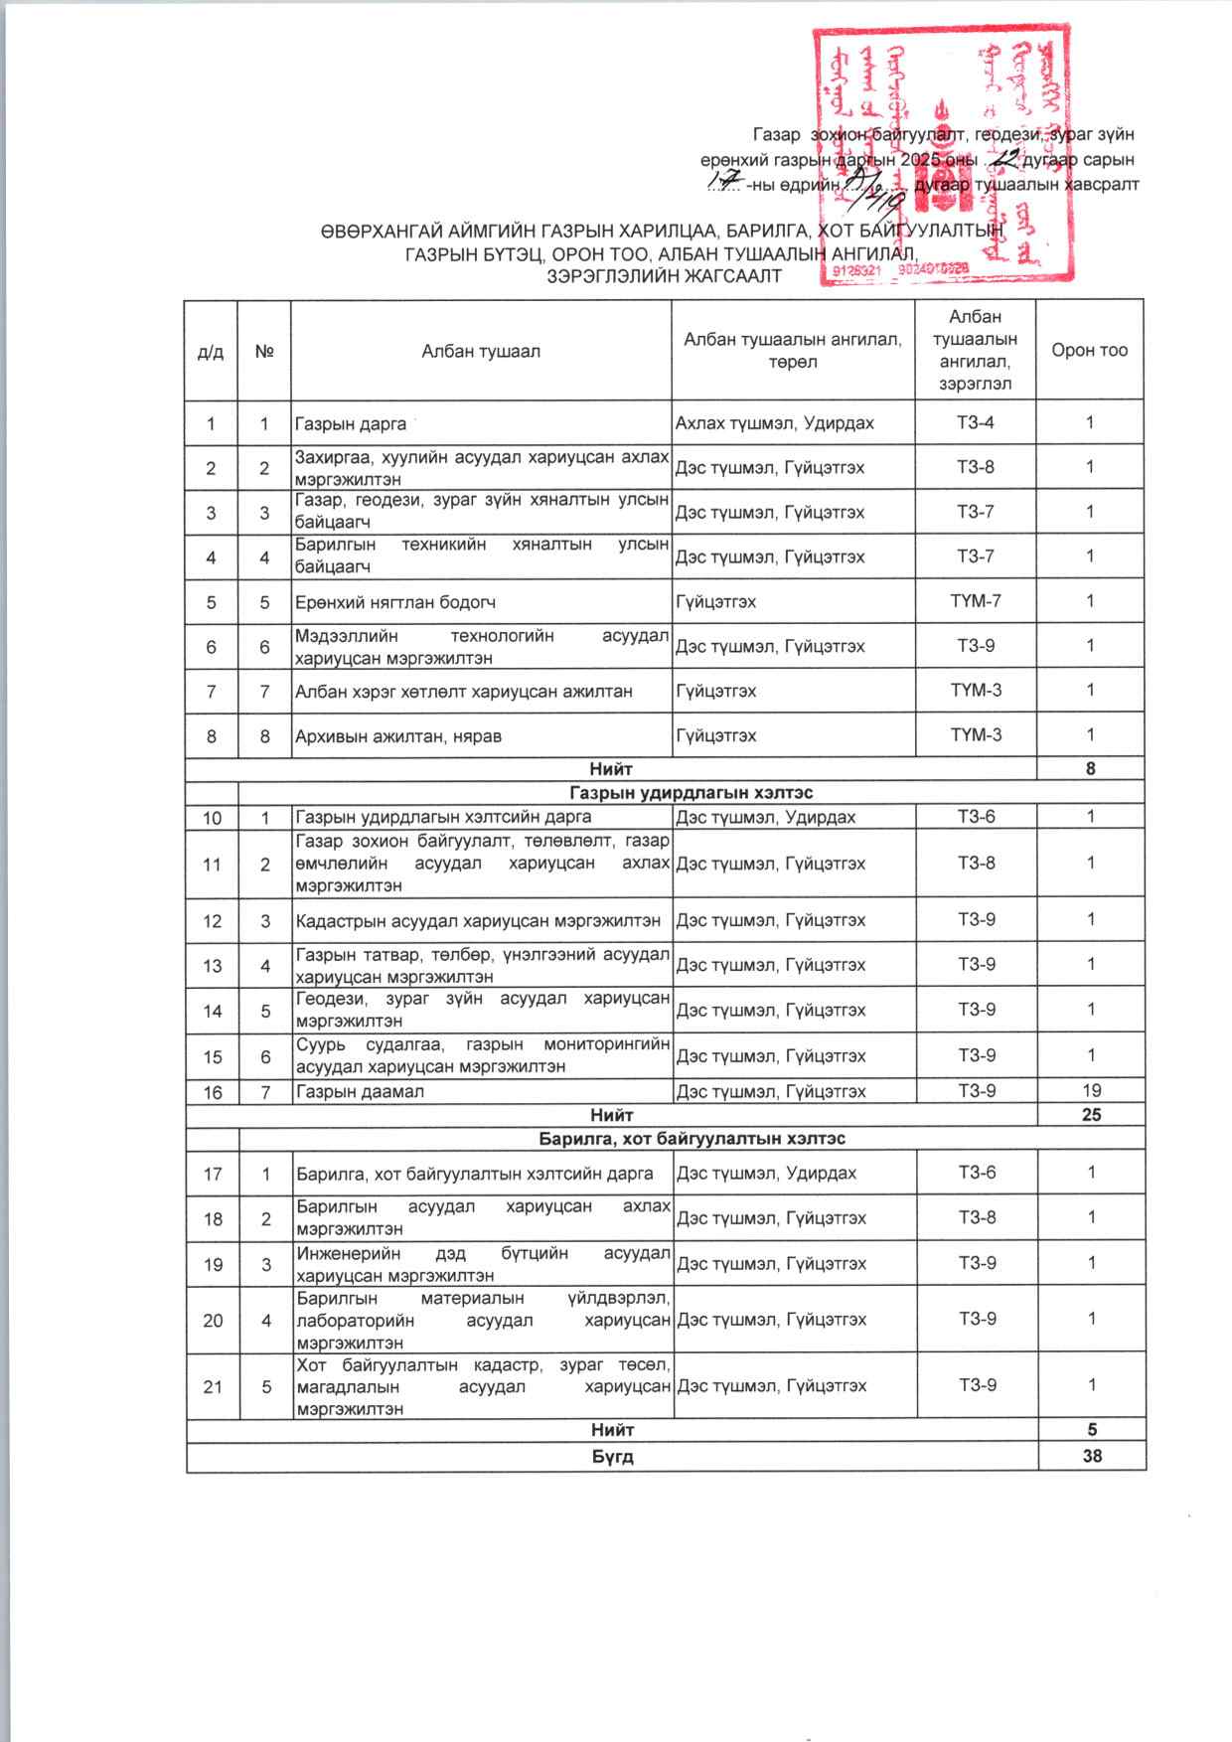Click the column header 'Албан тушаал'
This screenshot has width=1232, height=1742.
(x=481, y=350)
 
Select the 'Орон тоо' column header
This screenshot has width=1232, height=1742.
(x=1090, y=350)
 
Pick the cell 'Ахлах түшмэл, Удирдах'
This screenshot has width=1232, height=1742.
(x=775, y=423)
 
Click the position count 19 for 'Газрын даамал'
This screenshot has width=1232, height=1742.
(x=1090, y=1091)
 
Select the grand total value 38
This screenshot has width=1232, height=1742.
(x=1091, y=1457)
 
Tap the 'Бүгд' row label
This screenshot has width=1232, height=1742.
(x=613, y=1457)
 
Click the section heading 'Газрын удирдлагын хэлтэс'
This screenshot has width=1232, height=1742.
(x=692, y=793)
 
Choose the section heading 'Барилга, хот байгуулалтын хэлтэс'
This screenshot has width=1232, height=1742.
(x=692, y=1138)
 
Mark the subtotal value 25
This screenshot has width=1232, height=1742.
(x=1091, y=1115)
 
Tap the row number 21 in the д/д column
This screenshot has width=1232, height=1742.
(x=213, y=1385)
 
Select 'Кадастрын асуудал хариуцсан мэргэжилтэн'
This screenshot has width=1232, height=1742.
(x=478, y=920)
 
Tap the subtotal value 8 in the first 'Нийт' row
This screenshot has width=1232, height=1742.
(x=1091, y=768)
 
